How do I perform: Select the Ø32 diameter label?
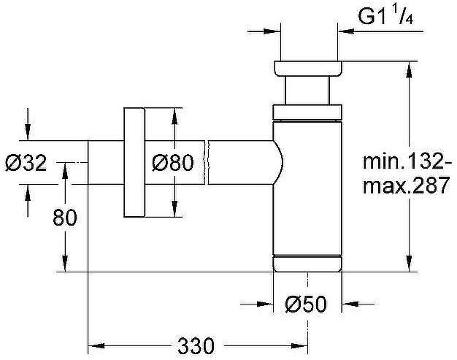point(26,163)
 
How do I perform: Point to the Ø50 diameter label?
point(306,305)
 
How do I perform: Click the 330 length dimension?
point(196,346)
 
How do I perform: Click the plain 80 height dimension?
point(65,217)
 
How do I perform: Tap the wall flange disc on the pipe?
point(134,162)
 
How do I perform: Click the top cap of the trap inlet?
point(308,69)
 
